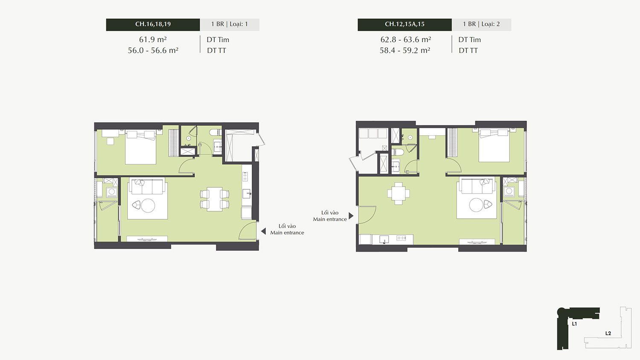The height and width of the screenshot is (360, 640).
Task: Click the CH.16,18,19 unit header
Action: point(153,24)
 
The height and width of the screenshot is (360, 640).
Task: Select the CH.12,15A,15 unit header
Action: point(404,24)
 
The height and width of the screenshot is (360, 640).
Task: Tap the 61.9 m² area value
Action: point(153,39)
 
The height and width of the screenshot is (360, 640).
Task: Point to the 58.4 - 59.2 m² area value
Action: point(405,50)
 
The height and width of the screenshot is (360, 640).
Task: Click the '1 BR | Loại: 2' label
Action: point(481,24)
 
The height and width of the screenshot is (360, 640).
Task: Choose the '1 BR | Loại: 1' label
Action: point(230,24)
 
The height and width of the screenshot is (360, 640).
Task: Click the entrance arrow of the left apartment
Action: point(263,231)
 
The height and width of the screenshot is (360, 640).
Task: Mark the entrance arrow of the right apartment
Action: point(351,216)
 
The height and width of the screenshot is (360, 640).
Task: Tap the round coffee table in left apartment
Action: point(148,205)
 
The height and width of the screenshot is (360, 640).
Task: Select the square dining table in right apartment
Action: point(399,193)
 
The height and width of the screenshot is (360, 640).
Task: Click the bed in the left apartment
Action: point(140,147)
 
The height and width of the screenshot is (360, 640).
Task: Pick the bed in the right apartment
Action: point(494,145)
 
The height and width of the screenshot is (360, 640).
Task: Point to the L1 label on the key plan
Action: point(574,324)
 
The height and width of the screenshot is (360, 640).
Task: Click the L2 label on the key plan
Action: point(608,333)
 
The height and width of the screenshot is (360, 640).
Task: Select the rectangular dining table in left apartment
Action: point(215,199)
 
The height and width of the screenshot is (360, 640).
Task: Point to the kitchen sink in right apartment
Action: point(384,239)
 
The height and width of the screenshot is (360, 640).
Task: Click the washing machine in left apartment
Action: point(112,192)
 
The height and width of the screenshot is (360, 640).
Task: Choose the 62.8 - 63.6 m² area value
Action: point(405,39)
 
